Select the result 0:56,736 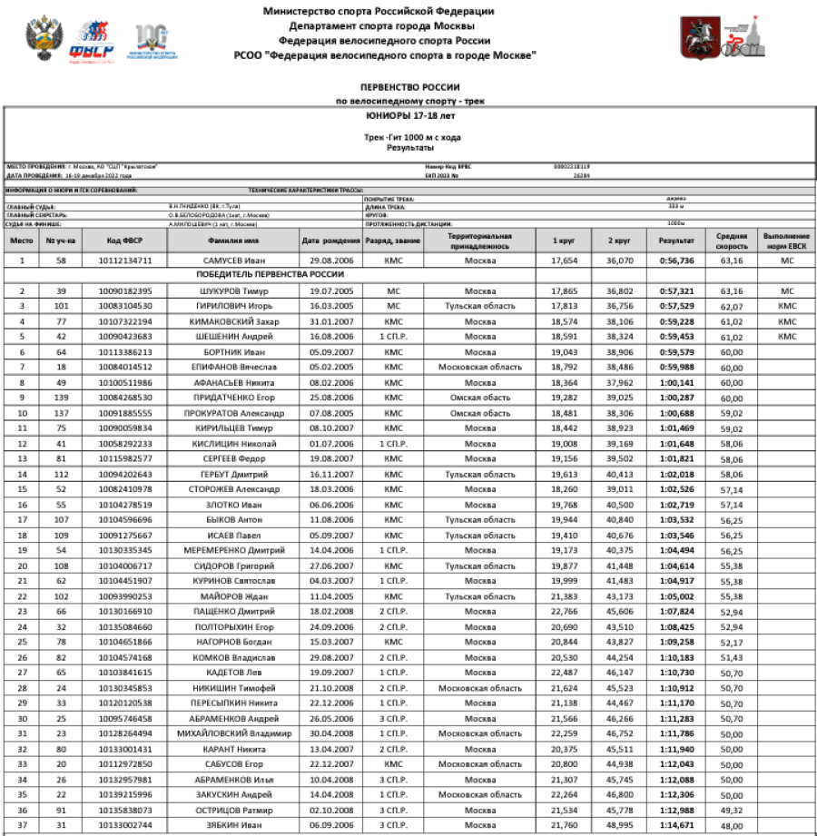[676, 261]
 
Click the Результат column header [676, 241]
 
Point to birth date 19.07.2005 [330, 291]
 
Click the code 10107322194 [125, 322]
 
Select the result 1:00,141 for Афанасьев [676, 383]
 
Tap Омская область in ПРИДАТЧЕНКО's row [480, 398]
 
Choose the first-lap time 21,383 [565, 596]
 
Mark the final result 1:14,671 [676, 825]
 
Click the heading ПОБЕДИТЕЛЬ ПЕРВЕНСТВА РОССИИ [271, 274]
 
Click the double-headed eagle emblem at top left [41, 38]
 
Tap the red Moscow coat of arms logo [696, 37]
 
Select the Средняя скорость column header [732, 241]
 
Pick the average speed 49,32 [732, 810]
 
